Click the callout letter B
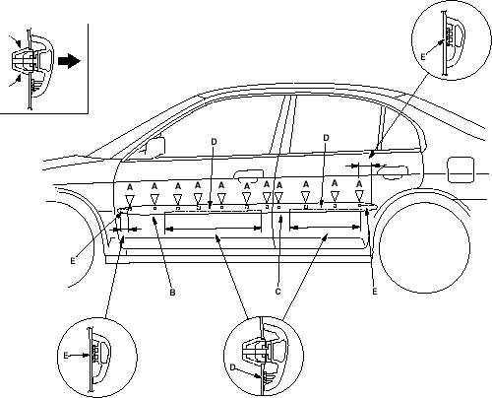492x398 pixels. click(x=172, y=292)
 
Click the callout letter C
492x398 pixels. click(x=277, y=292)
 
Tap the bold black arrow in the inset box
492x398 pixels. click(x=69, y=61)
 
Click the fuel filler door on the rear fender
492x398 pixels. click(x=461, y=169)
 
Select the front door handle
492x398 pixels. click(x=249, y=174)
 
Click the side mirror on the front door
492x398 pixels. click(x=154, y=146)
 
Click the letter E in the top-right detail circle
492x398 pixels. click(x=423, y=57)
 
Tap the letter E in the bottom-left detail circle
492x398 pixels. click(x=66, y=356)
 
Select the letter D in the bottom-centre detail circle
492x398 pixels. click(x=232, y=367)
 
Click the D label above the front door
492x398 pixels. click(x=214, y=142)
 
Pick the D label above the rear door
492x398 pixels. click(x=326, y=138)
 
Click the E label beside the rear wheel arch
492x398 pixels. click(x=375, y=292)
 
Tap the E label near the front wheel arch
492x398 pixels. click(x=73, y=261)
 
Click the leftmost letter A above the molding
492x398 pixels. click(x=130, y=187)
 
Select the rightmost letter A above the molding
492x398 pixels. click(x=359, y=184)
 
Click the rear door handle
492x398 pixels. click(x=392, y=172)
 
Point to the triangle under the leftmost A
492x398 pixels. click(x=130, y=200)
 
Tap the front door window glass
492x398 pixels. click(x=214, y=128)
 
